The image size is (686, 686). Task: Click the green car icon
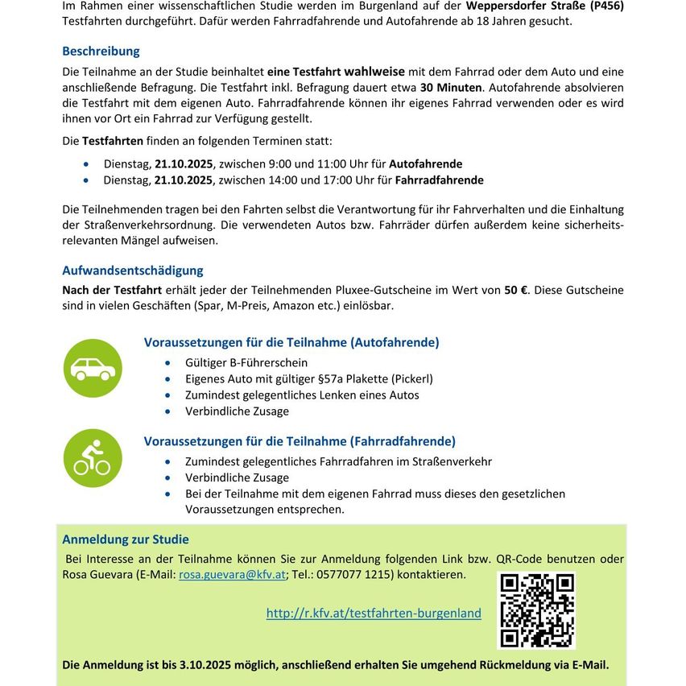click(x=93, y=369)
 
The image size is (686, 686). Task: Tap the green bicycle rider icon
click(x=93, y=457)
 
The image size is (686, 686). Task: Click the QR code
click(x=537, y=610)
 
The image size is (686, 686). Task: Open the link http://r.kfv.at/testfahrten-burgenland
click(x=374, y=613)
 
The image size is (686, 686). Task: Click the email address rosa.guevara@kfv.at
click(x=232, y=575)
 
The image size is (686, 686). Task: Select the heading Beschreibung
click(x=101, y=52)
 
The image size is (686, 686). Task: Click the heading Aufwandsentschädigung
click(x=133, y=271)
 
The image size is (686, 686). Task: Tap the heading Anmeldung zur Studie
click(x=126, y=539)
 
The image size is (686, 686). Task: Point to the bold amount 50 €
click(x=516, y=290)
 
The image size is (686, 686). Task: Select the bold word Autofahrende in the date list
click(x=425, y=163)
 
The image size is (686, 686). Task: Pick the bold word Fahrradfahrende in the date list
click(x=439, y=180)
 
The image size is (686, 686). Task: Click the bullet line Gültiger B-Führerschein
click(x=246, y=363)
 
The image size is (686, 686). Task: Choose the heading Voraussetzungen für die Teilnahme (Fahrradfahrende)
click(x=300, y=441)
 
